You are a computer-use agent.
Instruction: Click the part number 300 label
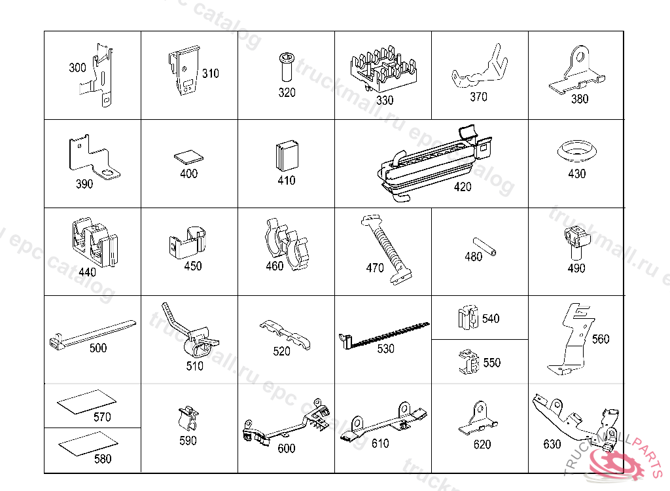coord(77,67)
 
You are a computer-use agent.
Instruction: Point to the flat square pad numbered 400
coord(189,156)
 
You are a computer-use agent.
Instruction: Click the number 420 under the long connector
coord(463,187)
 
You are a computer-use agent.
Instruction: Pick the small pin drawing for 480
coord(485,246)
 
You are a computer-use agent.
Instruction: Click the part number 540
coord(491,319)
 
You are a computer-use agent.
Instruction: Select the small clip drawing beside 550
coord(468,362)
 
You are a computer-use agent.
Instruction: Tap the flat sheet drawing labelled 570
coord(87,401)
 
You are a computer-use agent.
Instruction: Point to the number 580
coord(103,459)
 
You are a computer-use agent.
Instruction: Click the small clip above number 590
coord(188,418)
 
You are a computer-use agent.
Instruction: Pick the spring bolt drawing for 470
coord(387,249)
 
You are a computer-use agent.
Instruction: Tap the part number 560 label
coord(601,339)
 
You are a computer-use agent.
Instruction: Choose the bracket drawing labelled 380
coord(577,69)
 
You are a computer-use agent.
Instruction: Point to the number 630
coord(552,445)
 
